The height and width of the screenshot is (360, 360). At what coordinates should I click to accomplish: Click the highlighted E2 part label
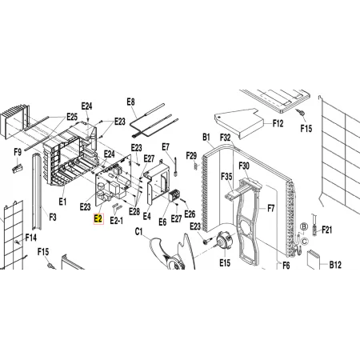coord(98,219)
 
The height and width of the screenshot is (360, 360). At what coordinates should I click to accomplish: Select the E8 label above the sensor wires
coord(130,102)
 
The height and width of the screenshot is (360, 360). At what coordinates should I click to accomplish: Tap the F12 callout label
coord(278,123)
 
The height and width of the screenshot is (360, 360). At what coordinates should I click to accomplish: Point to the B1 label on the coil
coord(206,138)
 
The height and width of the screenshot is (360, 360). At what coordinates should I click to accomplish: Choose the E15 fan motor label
coord(225,263)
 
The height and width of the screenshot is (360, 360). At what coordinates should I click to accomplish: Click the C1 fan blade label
coord(138,232)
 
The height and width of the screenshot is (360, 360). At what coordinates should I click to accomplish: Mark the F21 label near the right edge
coord(326,230)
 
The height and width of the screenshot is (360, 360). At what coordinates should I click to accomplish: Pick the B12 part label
coord(335,265)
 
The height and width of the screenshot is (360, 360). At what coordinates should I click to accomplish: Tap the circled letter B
coord(304,226)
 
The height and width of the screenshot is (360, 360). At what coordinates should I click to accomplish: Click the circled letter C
coord(305,242)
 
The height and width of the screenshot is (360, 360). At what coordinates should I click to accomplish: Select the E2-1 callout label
coord(117,221)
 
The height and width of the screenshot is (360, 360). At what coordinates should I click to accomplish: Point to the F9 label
coord(18,153)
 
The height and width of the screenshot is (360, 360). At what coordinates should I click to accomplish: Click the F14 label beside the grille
coord(31,238)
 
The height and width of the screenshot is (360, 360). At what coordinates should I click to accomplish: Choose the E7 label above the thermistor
coord(166,147)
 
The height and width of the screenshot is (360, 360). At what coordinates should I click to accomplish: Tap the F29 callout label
coord(191,155)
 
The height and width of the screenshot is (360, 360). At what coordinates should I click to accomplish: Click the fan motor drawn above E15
coord(223,240)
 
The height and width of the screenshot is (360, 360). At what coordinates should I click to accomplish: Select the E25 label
coord(72,117)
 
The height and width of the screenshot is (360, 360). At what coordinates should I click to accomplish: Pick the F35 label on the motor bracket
coord(226,177)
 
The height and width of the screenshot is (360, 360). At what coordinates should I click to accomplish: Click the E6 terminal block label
coord(162,222)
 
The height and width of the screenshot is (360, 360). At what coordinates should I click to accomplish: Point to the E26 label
coord(190,214)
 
